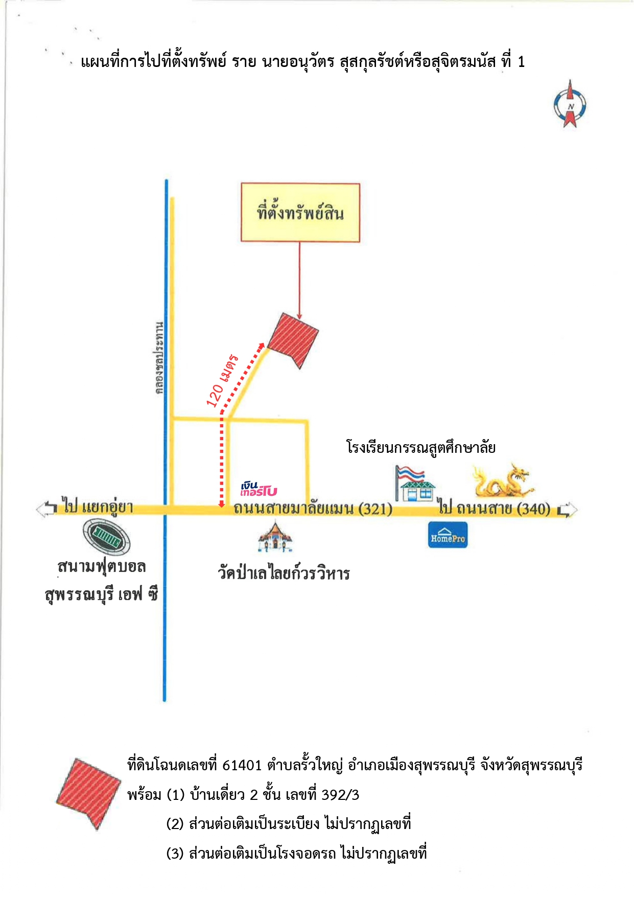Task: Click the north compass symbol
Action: [570, 105]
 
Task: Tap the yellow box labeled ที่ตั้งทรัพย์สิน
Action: [300, 212]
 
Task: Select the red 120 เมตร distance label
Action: [222, 381]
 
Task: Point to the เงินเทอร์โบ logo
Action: [259, 489]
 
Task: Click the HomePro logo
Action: [448, 535]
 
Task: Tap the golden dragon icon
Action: [502, 481]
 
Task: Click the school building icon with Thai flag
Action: [414, 484]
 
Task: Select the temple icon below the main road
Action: [275, 537]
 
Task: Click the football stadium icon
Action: [107, 537]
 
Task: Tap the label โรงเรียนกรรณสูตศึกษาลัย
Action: [420, 448]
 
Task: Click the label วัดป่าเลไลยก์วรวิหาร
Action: [284, 572]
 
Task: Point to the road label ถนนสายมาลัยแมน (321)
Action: [313, 509]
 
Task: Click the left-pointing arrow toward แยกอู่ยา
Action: [46, 508]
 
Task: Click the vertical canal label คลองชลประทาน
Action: [160, 358]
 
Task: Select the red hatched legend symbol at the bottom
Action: [88, 793]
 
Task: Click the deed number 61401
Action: [242, 765]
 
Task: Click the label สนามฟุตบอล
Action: [102, 566]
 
